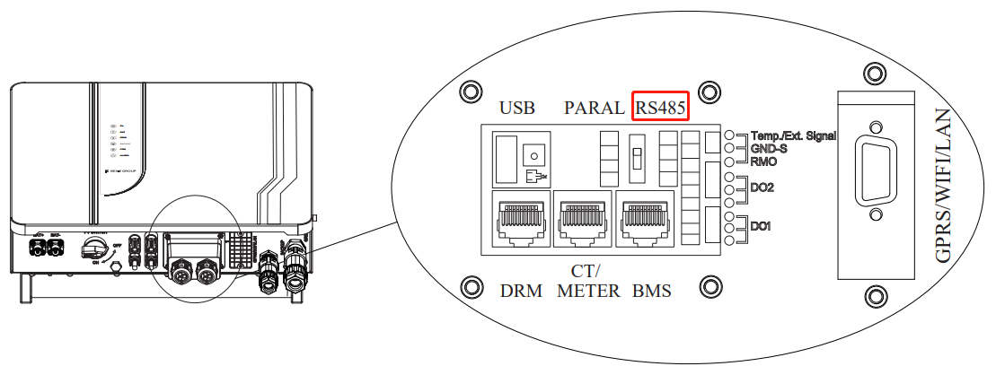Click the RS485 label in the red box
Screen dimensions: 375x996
661,107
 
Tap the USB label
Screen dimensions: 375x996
517,108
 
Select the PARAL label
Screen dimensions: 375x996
594,108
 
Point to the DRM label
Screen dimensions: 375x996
522,291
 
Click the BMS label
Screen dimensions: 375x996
651,291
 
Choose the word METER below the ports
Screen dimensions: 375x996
588,291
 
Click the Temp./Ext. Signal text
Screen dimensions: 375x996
793,135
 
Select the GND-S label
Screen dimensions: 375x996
769,148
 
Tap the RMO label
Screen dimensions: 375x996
764,161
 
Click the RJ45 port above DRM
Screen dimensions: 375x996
521,219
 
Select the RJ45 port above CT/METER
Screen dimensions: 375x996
583,219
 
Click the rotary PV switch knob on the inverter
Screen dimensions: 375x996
93,249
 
